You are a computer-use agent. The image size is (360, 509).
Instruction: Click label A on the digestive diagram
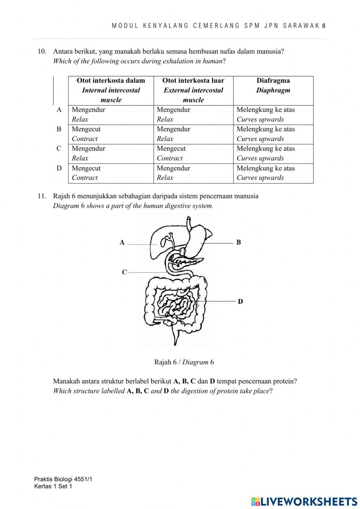tap(122, 242)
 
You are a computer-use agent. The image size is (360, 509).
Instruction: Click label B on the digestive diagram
tap(238, 242)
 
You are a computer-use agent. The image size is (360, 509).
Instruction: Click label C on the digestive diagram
tap(124, 272)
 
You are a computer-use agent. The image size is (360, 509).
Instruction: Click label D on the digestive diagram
tap(240, 302)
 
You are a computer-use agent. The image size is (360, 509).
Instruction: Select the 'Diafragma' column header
tap(273, 85)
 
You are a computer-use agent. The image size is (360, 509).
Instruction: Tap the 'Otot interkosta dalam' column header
tap(111, 90)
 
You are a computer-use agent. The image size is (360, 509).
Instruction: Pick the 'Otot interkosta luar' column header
tap(193, 90)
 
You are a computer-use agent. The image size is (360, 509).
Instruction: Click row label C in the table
tap(59, 149)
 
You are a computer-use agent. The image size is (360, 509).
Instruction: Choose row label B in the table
tap(59, 129)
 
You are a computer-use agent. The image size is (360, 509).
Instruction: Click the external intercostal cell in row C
tap(193, 153)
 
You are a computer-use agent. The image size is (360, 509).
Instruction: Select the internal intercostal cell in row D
tap(111, 173)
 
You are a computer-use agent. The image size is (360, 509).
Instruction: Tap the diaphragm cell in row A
tap(273, 115)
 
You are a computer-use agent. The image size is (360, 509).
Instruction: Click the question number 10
tap(42, 52)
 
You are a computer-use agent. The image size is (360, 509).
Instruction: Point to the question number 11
tap(42, 196)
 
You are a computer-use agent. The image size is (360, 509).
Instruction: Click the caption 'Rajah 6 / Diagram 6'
tap(184, 362)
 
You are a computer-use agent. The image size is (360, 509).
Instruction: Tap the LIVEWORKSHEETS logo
tap(304, 501)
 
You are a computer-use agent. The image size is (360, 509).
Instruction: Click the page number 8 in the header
tap(324, 26)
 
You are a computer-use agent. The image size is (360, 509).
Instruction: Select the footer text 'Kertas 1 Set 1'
tap(53, 487)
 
